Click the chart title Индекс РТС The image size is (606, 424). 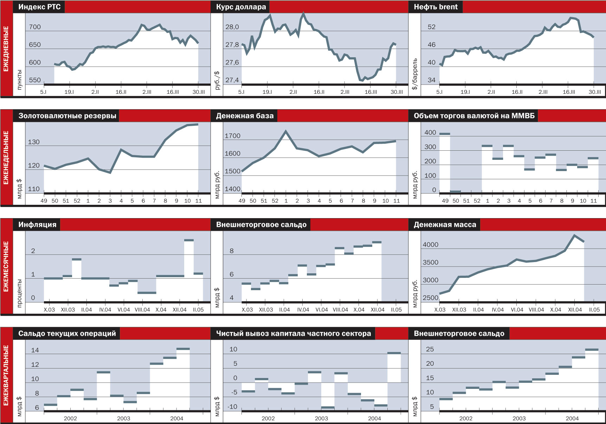(39, 7)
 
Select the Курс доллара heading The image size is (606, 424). (241, 7)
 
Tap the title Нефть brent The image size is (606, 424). (436, 7)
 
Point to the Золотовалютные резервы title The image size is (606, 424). (67, 116)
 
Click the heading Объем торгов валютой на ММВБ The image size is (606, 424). (474, 116)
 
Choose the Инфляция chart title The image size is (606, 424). (37, 225)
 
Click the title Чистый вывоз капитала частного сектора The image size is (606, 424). (293, 334)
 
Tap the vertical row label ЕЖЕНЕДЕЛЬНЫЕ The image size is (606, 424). (6, 158)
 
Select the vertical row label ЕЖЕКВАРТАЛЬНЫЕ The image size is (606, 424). (6, 376)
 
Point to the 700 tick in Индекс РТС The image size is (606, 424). (35, 27)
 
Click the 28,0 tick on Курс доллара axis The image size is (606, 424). (232, 27)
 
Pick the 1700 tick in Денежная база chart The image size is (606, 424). (232, 136)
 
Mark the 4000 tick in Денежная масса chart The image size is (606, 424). (430, 245)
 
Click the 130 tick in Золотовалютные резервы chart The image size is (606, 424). (34, 142)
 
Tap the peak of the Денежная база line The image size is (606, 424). (286, 131)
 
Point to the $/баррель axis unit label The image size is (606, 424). (415, 74)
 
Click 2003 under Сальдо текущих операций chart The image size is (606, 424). (123, 418)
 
